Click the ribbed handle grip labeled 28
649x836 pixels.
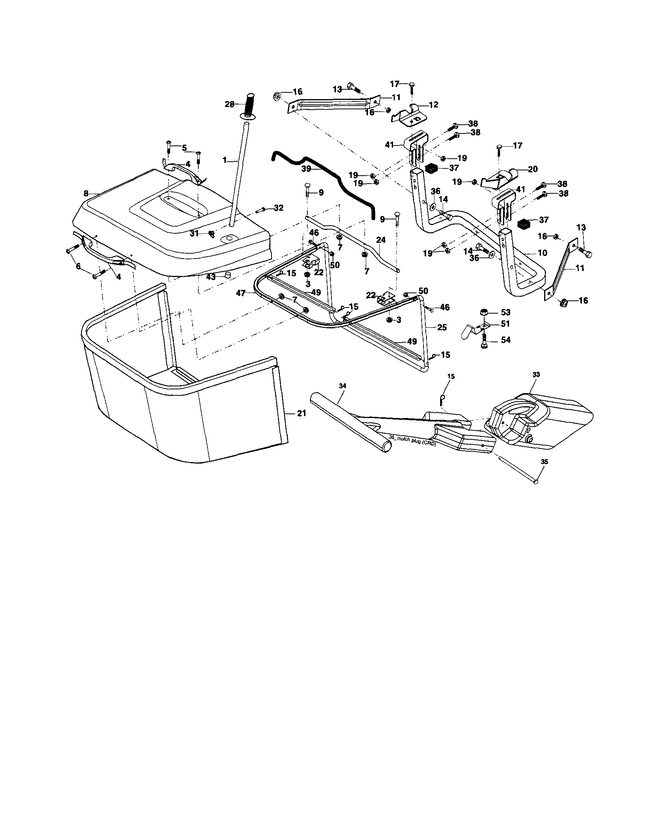click(x=249, y=105)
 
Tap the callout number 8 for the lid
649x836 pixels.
click(x=86, y=194)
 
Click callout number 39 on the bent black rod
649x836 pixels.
click(x=306, y=170)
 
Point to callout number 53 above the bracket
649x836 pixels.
click(x=505, y=312)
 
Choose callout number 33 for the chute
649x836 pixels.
click(x=536, y=375)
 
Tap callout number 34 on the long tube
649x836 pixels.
click(x=342, y=386)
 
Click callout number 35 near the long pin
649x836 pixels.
click(x=545, y=462)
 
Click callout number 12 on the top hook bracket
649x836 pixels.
click(x=433, y=104)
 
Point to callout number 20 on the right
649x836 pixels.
click(x=532, y=169)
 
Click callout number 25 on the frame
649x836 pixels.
click(x=442, y=328)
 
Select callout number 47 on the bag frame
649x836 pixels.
click(x=241, y=293)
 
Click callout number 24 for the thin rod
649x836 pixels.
click(x=381, y=240)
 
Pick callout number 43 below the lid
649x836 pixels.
click(x=210, y=276)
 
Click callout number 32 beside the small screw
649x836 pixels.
click(x=279, y=208)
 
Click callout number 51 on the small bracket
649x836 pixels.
click(x=505, y=324)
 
